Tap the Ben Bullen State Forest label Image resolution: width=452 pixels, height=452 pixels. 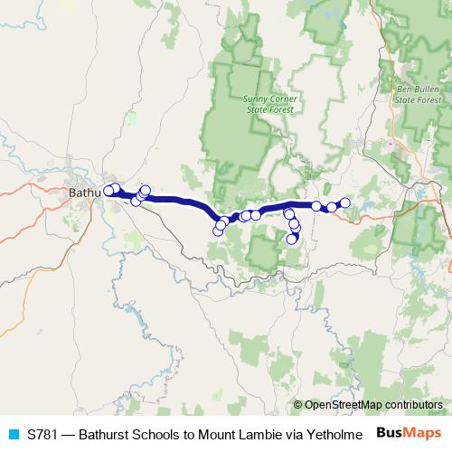click(417, 95)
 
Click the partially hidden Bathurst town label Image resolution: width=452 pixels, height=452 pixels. click(85, 193)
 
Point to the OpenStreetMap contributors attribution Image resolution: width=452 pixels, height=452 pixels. click(368, 404)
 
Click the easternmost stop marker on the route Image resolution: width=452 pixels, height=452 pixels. click(344, 202)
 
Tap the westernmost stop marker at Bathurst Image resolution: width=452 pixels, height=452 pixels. click(108, 190)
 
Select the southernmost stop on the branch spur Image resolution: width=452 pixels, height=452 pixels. click(291, 240)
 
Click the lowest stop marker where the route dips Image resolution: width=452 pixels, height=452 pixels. click(217, 231)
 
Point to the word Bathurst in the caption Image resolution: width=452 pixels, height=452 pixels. click(111, 434)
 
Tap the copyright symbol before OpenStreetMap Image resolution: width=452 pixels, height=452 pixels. click(298, 404)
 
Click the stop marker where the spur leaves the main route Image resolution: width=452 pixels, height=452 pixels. click(288, 212)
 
